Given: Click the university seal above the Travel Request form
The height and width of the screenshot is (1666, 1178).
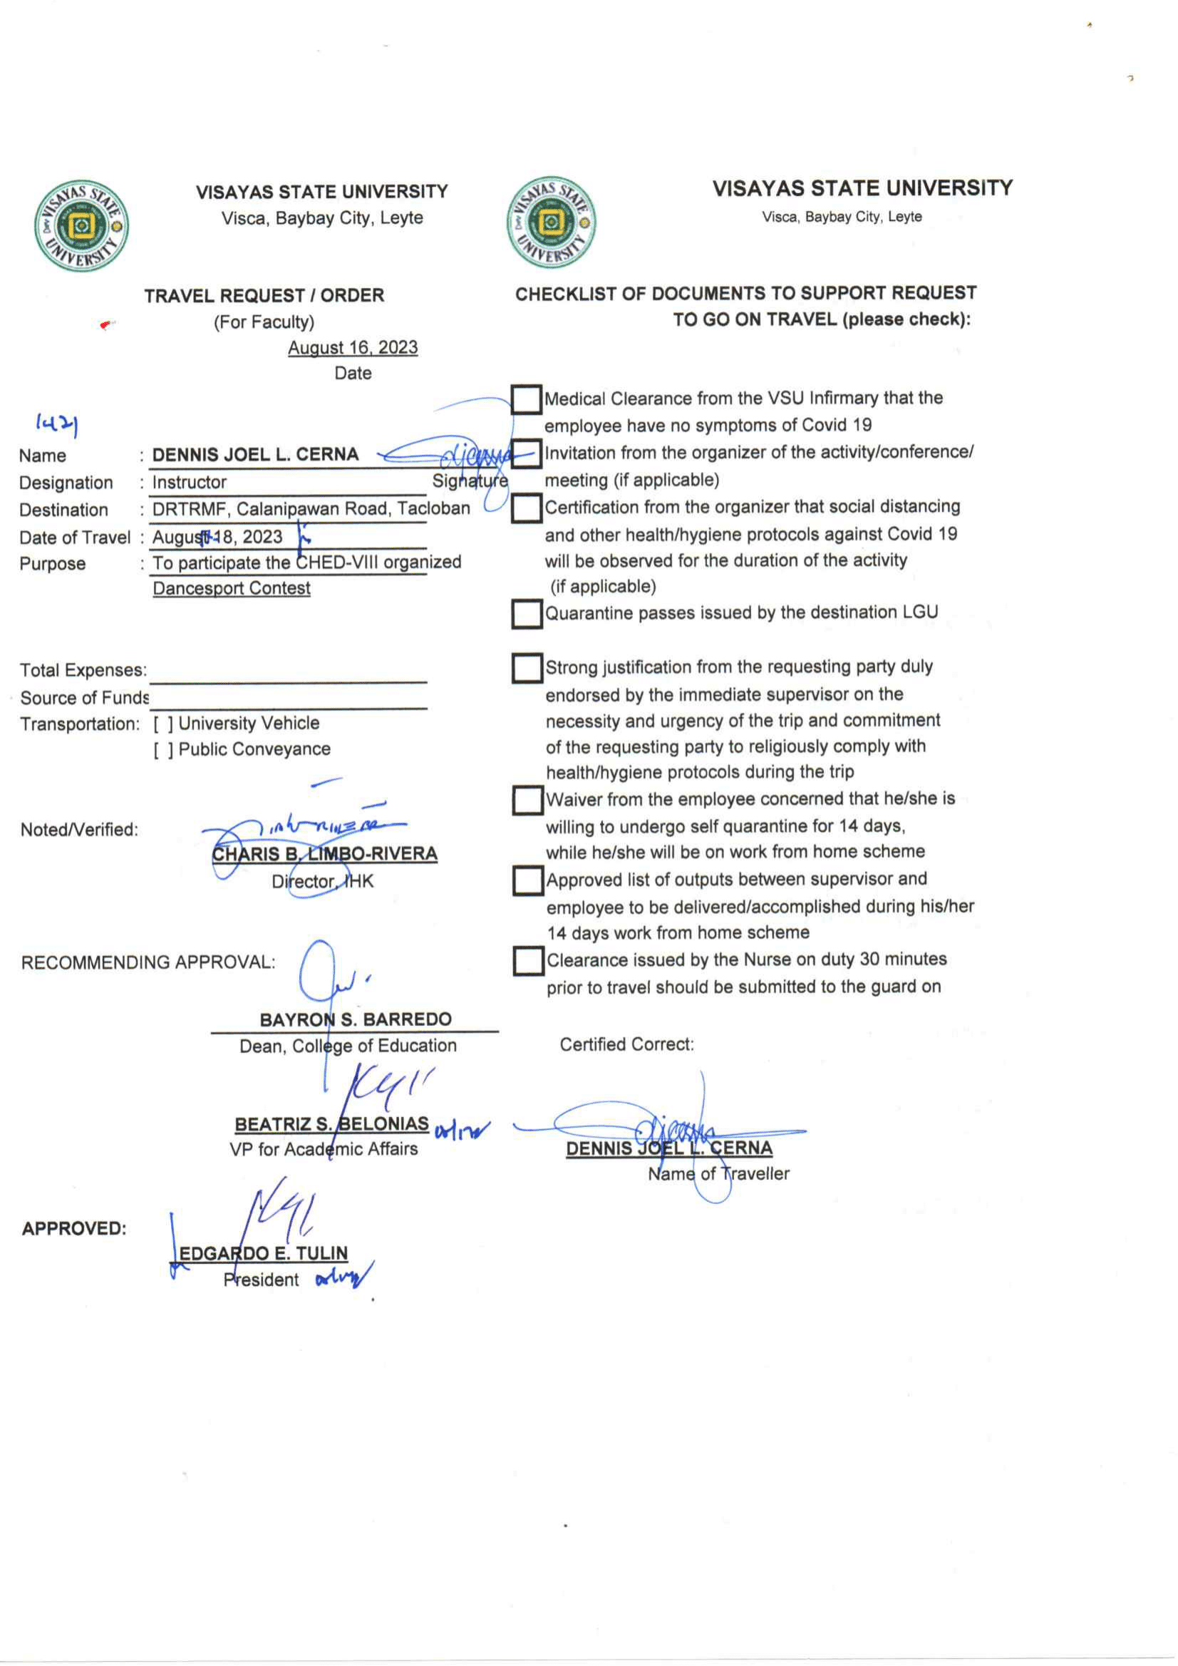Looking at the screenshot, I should [81, 226].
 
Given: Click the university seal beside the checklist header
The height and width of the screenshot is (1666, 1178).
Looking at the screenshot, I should [552, 222].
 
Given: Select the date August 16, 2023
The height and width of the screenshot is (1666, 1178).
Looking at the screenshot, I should [353, 348].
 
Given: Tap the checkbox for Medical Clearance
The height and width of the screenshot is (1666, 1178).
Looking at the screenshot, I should [527, 399].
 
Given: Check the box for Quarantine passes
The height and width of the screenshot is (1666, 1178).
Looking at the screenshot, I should [527, 614].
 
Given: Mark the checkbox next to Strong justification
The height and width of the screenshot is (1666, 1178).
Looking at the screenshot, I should [527, 668].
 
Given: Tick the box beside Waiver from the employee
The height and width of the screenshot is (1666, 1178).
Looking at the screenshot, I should [528, 801].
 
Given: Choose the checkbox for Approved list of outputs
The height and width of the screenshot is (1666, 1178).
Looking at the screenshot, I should [528, 881].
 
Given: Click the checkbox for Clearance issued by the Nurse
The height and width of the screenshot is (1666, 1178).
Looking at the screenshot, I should [528, 961].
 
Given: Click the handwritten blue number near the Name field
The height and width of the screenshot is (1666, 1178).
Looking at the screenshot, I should [56, 423].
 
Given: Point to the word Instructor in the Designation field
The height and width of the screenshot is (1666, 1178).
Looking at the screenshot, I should [190, 483].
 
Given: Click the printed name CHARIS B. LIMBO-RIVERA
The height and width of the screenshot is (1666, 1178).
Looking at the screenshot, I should [324, 854].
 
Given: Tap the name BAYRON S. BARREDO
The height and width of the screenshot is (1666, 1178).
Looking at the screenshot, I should [356, 1019].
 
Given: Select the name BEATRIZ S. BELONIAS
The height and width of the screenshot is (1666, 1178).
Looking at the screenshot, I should [331, 1124].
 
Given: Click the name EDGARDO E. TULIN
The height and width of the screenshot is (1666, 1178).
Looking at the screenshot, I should [263, 1253].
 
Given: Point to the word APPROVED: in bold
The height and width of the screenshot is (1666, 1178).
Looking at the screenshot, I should [74, 1228].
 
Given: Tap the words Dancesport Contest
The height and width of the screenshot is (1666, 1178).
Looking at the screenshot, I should [232, 588].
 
